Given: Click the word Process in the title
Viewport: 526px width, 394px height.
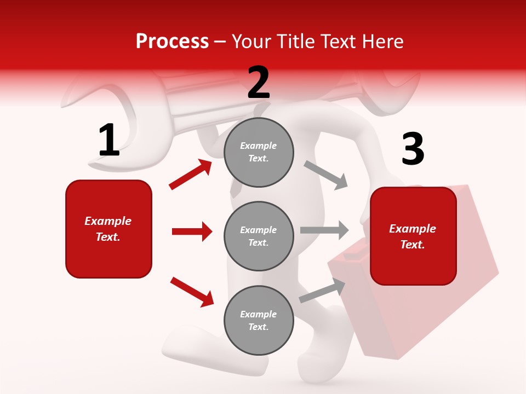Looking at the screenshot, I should (x=172, y=42).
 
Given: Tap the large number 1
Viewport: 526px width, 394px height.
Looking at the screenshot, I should (x=109, y=140).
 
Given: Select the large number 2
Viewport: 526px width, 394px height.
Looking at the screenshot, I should (x=259, y=83).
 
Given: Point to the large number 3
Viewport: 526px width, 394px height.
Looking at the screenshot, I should (x=413, y=149).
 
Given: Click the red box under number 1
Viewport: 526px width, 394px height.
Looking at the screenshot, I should (x=108, y=229).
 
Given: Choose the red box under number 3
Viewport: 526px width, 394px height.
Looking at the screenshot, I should (x=413, y=236).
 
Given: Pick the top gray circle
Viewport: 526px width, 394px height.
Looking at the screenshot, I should (x=259, y=152).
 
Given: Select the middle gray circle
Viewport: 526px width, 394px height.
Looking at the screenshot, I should (x=259, y=236).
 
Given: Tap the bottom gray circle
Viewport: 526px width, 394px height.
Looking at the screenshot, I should (x=259, y=320).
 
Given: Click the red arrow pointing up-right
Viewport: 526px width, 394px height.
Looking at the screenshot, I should (x=190, y=175).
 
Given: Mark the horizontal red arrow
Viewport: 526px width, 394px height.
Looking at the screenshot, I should (x=192, y=231).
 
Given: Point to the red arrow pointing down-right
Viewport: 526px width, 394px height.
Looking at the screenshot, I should (x=192, y=292).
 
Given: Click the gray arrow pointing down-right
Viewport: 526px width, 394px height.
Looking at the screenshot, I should (x=326, y=175).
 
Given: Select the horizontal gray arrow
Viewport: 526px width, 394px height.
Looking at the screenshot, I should (x=324, y=230).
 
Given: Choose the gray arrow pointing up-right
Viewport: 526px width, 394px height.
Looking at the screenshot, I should (x=322, y=291).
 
